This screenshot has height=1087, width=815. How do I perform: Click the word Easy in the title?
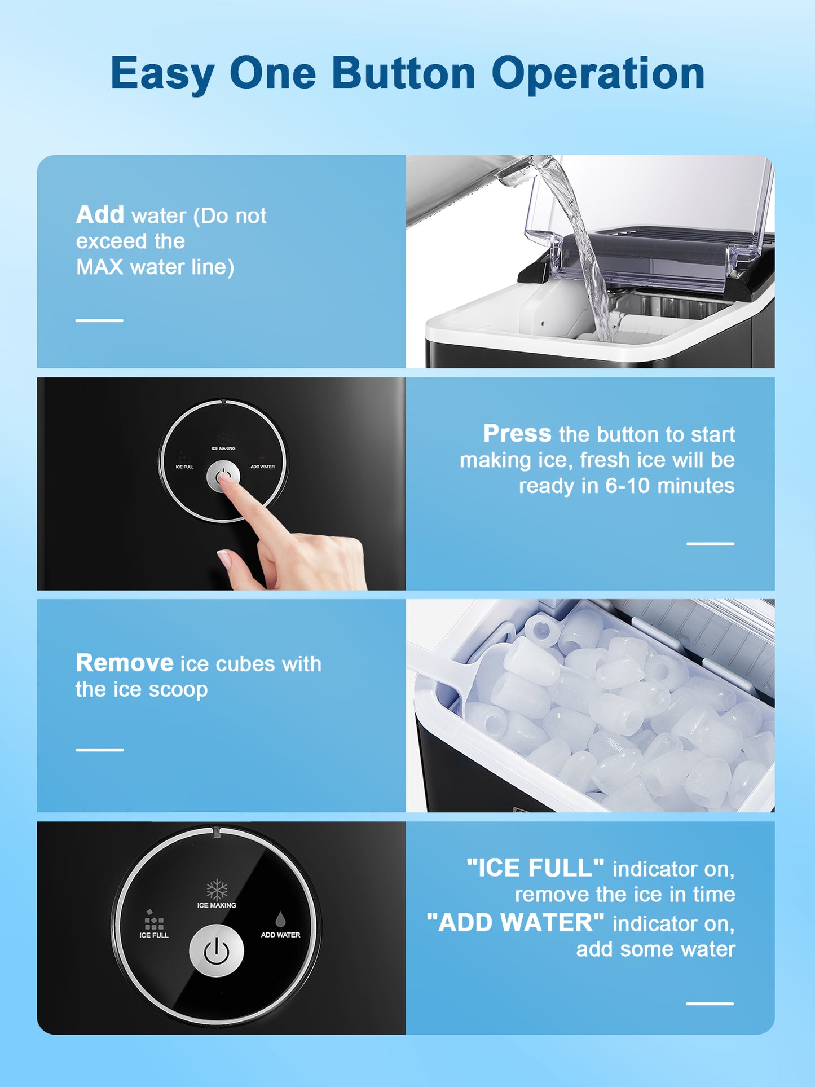tap(162, 74)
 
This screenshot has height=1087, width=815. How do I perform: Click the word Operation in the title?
tap(598, 74)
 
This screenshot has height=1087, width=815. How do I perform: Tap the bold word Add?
tap(100, 214)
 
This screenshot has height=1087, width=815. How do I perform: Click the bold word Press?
tap(517, 433)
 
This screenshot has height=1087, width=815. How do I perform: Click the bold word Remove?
tap(125, 663)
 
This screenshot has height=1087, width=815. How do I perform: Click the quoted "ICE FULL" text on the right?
tap(535, 868)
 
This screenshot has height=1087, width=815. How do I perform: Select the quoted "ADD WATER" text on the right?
tap(516, 923)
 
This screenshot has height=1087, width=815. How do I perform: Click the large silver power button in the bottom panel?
tap(217, 951)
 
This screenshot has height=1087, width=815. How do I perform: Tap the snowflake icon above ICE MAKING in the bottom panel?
tap(217, 890)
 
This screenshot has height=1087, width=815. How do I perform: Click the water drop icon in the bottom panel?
tap(280, 919)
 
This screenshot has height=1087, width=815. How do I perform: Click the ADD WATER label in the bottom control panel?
tap(280, 935)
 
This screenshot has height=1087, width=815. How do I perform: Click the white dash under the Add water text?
tap(99, 320)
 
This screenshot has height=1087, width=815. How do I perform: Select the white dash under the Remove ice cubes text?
tap(99, 750)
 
